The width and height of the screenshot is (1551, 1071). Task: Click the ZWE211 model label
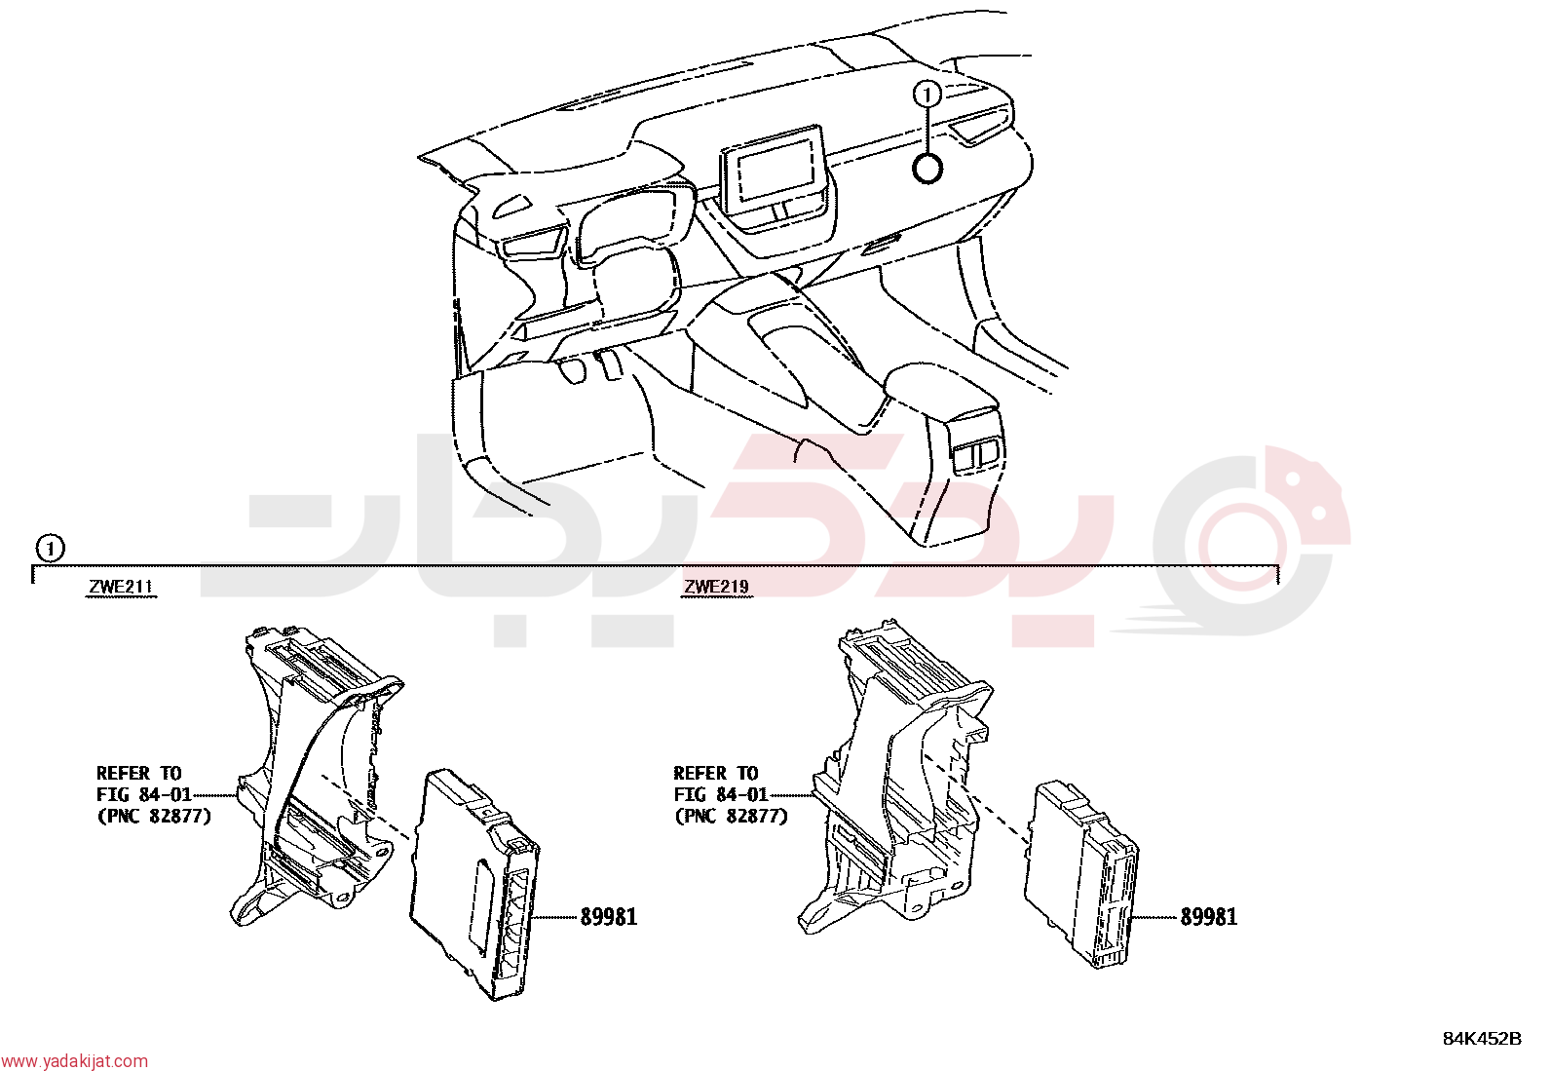[121, 587]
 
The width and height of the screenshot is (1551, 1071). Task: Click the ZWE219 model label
[717, 587]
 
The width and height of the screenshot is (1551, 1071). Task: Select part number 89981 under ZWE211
[609, 917]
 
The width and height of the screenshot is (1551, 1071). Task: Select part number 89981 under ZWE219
[1208, 917]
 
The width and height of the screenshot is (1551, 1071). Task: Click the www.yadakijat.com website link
[74, 1060]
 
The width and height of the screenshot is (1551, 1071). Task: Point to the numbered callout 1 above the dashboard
[927, 95]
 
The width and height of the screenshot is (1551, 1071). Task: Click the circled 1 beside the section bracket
[50, 549]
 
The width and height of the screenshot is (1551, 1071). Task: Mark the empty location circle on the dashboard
[927, 169]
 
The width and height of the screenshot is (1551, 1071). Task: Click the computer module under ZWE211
[475, 884]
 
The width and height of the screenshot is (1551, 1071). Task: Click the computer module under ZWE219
[1080, 874]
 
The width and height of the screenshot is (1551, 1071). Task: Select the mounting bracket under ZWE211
[315, 773]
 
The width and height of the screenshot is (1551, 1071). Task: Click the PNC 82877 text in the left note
[154, 817]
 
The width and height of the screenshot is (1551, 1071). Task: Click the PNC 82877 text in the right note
[732, 817]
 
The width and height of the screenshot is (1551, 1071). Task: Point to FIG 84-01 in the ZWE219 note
[721, 794]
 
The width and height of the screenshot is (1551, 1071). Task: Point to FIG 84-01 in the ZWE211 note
[144, 794]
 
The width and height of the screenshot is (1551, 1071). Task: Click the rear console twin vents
[978, 454]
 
